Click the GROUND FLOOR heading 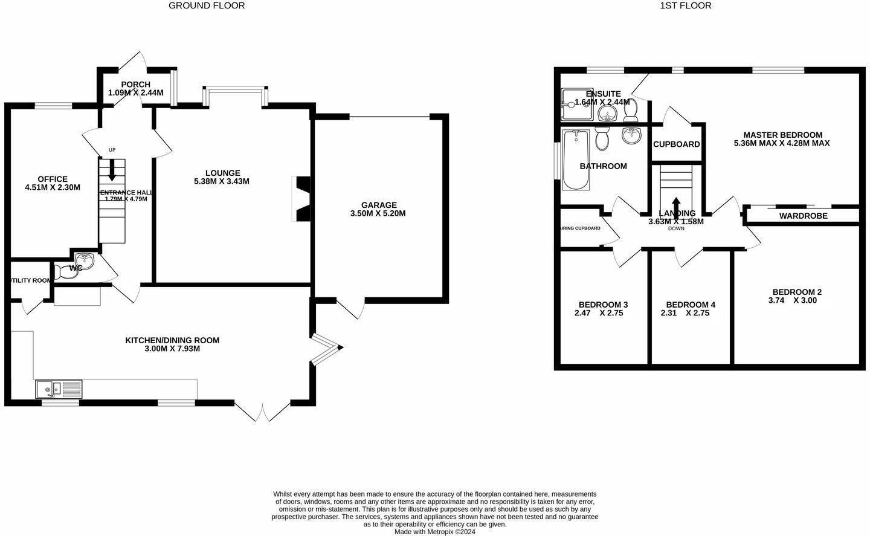[207, 5]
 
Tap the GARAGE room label [379, 205]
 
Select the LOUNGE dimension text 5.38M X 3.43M [222, 181]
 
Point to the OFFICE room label [53, 179]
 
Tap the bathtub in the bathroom [575, 160]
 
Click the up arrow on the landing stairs [675, 203]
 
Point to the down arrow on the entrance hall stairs [112, 173]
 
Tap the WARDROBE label [803, 216]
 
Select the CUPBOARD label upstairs [676, 144]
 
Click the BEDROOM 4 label [690, 305]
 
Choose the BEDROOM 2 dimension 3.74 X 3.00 [792, 300]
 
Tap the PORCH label [135, 84]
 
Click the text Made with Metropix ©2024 [435, 532]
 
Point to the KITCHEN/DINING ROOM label [172, 340]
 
